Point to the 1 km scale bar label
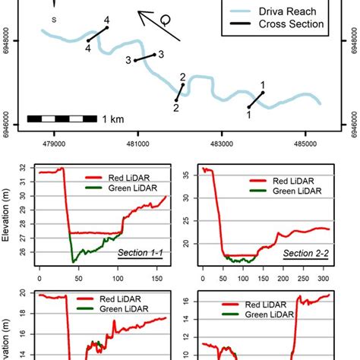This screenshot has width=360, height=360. (111, 118)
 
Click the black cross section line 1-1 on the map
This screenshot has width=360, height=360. (256, 99)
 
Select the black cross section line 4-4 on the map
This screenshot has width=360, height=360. (97, 34)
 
